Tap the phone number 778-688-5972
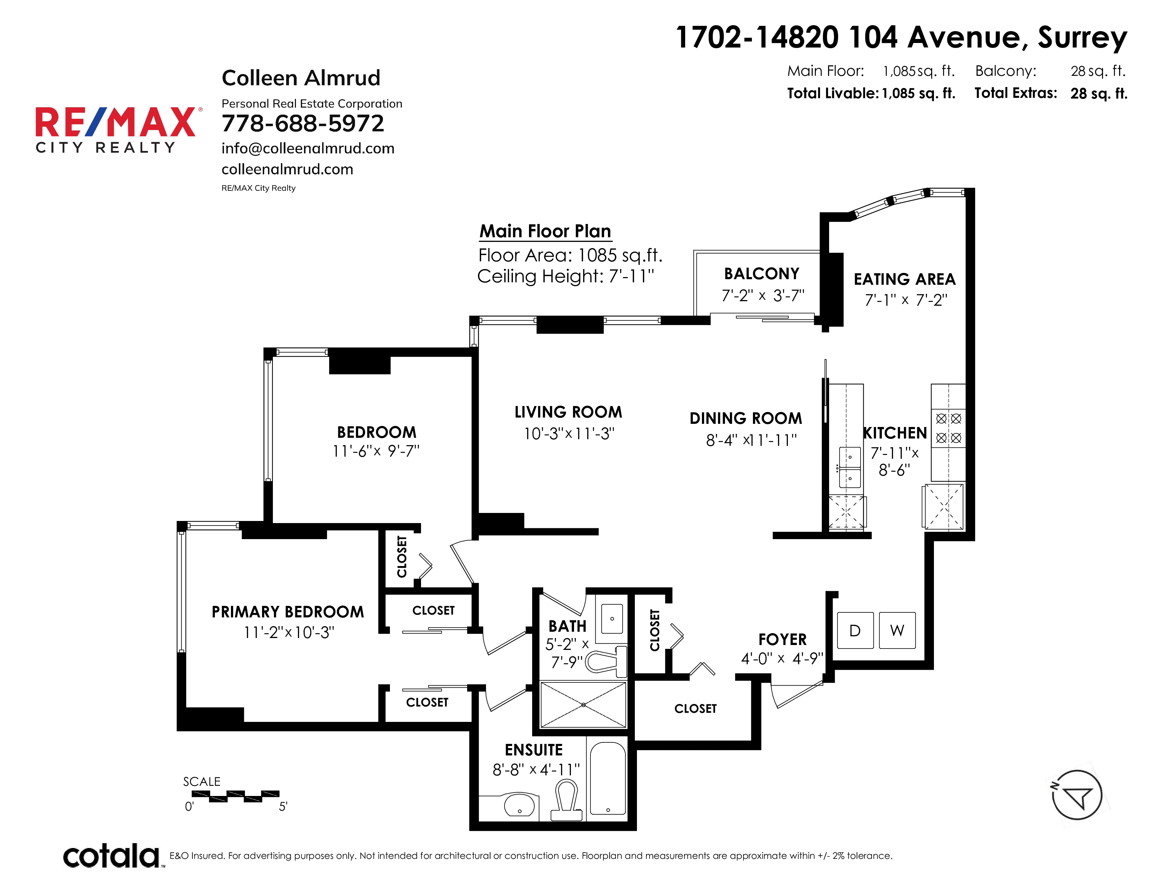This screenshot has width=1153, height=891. [303, 123]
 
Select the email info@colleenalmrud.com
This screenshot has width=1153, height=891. [308, 148]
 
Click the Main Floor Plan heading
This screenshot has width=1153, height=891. [545, 231]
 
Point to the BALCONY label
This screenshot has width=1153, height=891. [761, 274]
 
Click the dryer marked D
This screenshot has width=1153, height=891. [855, 630]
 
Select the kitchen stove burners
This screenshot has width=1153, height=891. [948, 428]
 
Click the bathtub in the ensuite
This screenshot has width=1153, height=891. [608, 778]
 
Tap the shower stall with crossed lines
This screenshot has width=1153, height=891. [583, 705]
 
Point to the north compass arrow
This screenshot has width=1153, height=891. [1077, 795]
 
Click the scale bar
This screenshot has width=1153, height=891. [235, 796]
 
